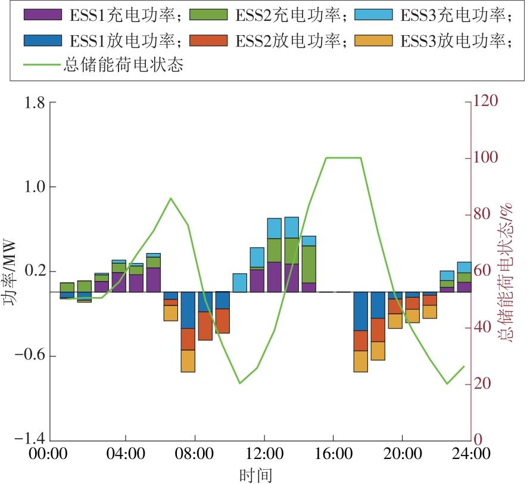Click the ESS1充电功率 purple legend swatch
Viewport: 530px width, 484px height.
(43, 14)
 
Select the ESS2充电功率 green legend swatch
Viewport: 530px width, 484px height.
(208, 14)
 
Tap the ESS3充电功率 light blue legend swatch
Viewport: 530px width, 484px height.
(373, 14)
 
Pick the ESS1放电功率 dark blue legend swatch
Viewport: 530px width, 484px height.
(43, 40)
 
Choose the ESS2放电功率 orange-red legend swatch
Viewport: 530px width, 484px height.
(208, 40)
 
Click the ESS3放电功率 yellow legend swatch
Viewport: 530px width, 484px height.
(373, 40)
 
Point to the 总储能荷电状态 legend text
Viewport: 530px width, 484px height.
(123, 64)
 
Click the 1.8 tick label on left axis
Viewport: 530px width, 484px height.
(35, 102)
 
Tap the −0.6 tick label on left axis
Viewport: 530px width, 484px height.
(30, 356)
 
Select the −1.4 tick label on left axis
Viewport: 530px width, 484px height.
(30, 439)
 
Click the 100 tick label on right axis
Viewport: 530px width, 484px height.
(485, 158)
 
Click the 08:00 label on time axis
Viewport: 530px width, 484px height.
(194, 454)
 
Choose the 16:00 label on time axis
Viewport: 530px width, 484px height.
(333, 454)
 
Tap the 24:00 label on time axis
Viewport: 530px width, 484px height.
(471, 454)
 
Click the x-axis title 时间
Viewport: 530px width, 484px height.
(256, 475)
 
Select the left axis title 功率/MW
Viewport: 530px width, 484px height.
(10, 272)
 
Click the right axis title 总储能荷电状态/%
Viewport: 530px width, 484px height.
(506, 272)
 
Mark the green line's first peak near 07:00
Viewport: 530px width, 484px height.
(171, 198)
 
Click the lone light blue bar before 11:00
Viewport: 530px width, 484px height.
(240, 283)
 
